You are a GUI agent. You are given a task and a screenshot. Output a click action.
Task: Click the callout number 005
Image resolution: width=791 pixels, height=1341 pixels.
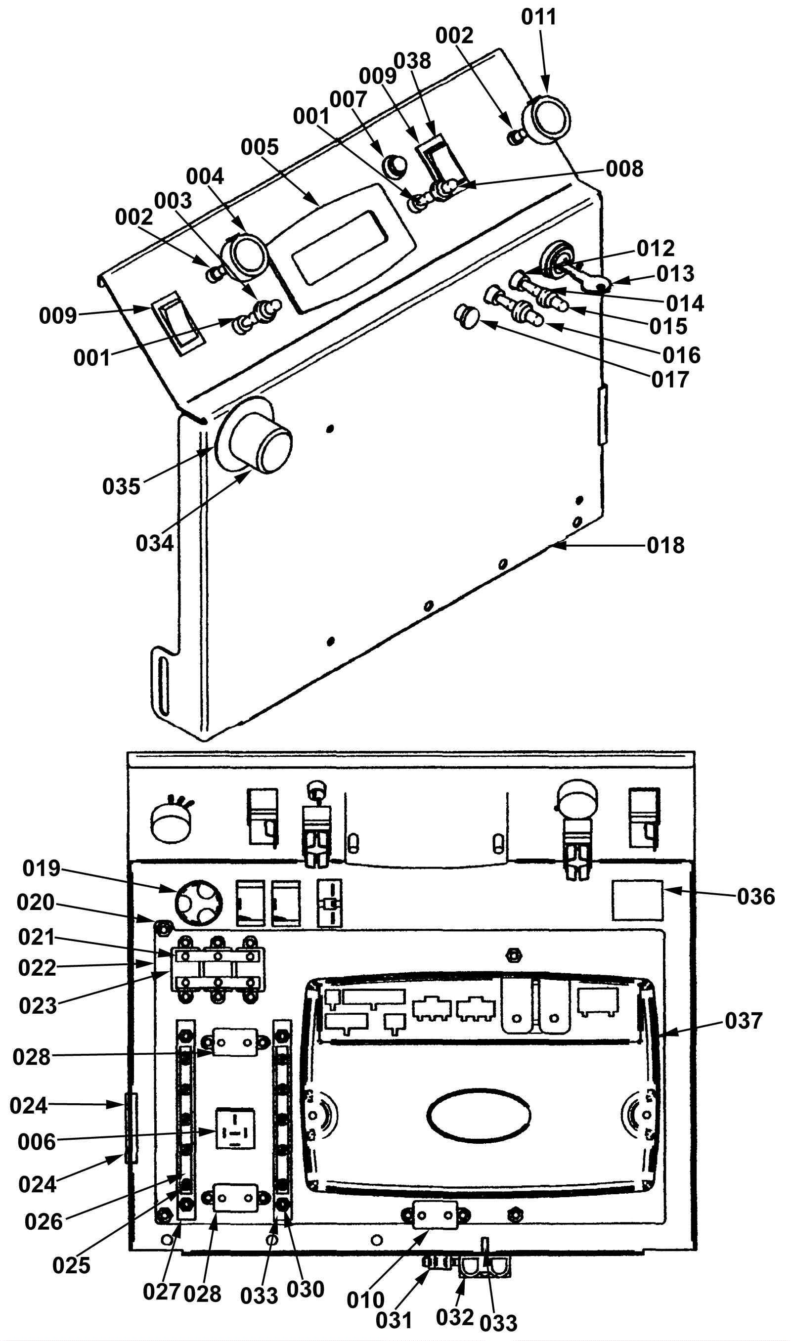tap(260, 147)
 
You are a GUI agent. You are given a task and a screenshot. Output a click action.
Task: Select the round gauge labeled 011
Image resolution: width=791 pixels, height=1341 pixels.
tap(545, 118)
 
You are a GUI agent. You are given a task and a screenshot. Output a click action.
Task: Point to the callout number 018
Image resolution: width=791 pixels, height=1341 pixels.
tap(665, 546)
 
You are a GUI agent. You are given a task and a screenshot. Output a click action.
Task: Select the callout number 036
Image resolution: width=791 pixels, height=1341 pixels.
tap(756, 897)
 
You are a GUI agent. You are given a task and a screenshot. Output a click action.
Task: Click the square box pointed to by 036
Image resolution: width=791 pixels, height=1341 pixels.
tap(637, 901)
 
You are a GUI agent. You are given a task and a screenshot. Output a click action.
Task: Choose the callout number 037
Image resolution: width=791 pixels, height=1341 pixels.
tap(744, 1021)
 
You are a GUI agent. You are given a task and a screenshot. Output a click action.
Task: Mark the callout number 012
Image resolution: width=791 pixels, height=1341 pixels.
tap(656, 249)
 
